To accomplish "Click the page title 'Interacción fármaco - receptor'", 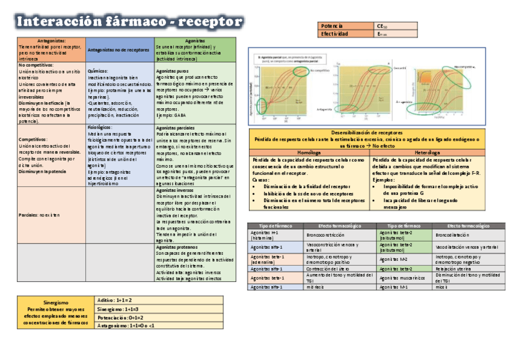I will [130, 22].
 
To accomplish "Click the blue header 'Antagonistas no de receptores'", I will [119, 50].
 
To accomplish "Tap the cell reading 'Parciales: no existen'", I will [40, 215].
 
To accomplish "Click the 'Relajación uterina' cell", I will [453, 269].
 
